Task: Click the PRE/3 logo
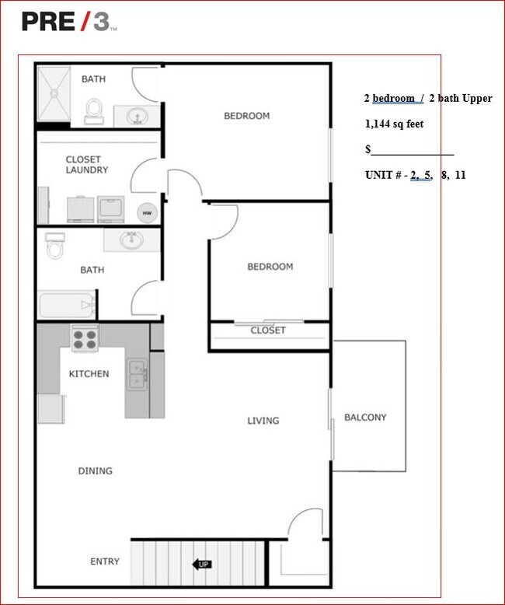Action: point(68,22)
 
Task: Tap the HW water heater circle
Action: point(145,213)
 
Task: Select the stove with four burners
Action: point(85,338)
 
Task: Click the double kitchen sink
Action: point(138,374)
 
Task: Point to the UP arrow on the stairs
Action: point(200,565)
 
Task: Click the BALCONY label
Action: point(365,418)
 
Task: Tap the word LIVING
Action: point(263,421)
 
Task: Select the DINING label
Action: point(95,470)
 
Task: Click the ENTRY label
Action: point(105,561)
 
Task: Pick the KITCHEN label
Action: point(89,374)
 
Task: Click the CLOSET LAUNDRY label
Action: point(86,165)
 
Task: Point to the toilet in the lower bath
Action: point(55,246)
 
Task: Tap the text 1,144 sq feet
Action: point(395,124)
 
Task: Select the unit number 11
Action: point(461,175)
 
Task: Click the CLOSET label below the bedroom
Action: point(268,330)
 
